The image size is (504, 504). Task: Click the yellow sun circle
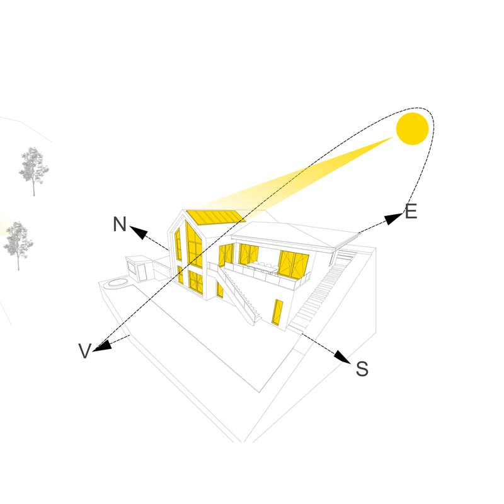[x=412, y=129]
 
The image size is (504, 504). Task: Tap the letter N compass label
[x=120, y=224]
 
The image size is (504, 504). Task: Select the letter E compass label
[x=411, y=212]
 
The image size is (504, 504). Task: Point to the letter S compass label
[x=362, y=369]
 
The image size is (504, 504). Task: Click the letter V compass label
[x=85, y=352]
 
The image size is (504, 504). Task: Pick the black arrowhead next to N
[x=139, y=233]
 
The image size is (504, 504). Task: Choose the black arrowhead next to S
[x=342, y=357]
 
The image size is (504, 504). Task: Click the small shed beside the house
[x=140, y=268]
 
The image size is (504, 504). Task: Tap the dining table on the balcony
[x=263, y=268]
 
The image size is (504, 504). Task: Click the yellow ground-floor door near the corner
[x=277, y=312]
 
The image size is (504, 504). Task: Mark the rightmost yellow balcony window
[x=294, y=263]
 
